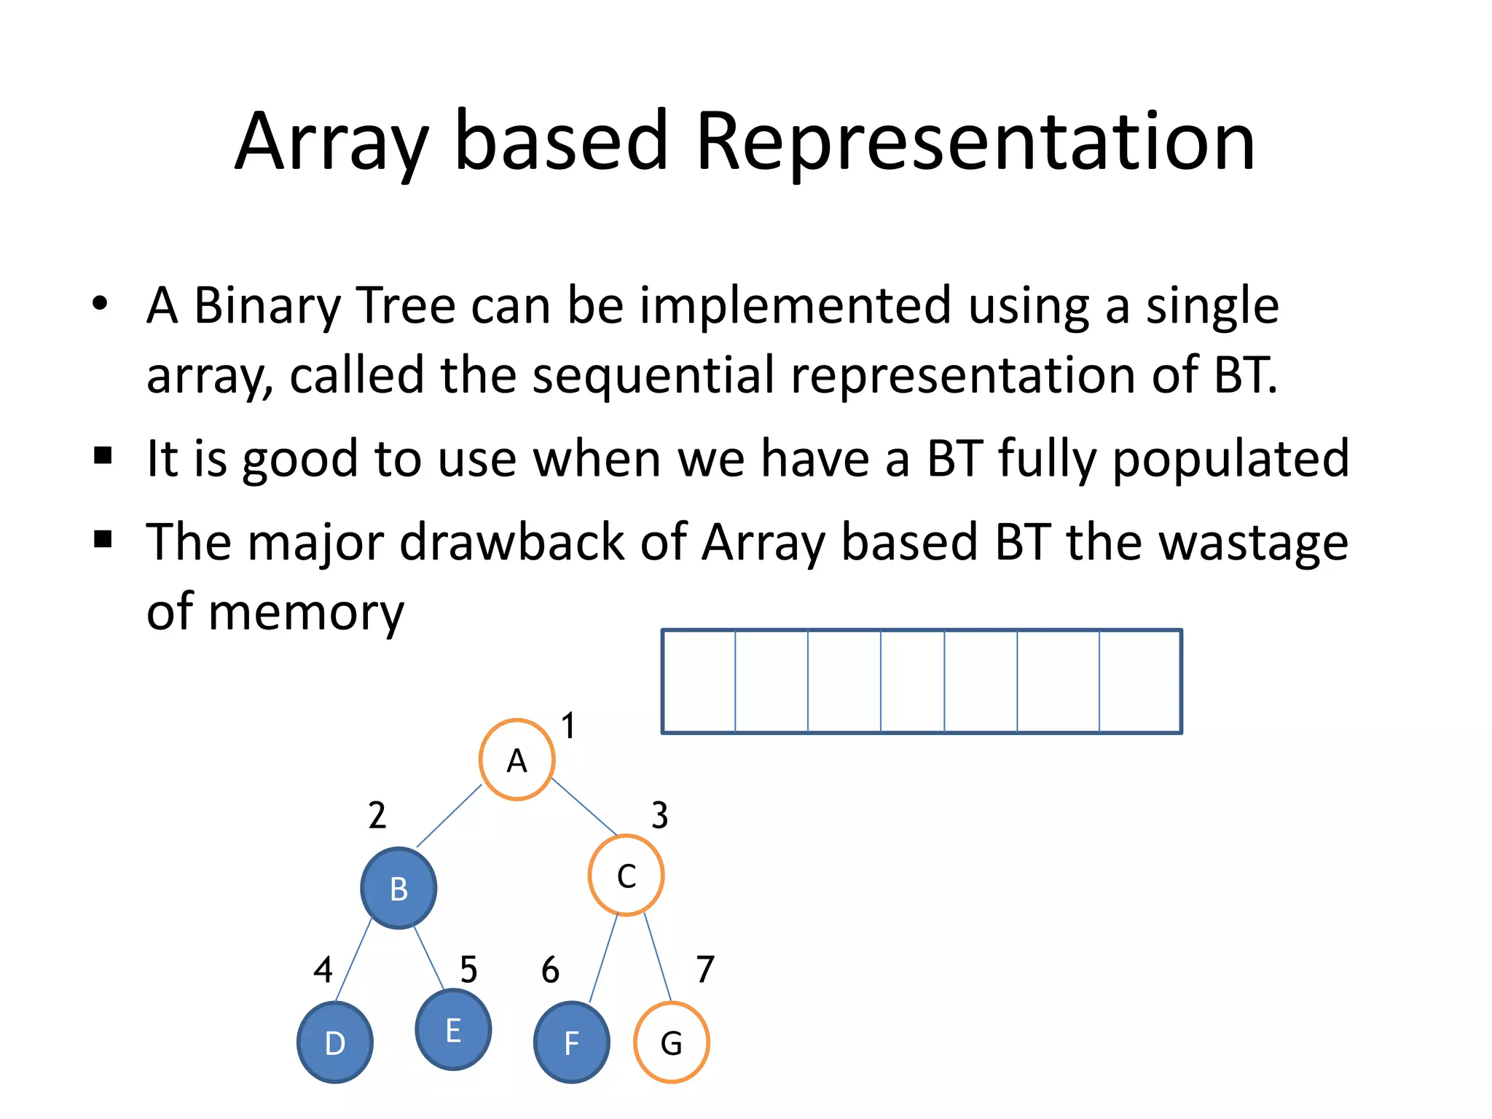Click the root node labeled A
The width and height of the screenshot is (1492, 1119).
tap(517, 760)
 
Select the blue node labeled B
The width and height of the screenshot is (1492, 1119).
tap(398, 888)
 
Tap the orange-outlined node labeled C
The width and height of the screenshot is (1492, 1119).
tap(626, 875)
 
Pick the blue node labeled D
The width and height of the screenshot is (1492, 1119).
tap(335, 1043)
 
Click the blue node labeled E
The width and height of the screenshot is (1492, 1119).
tap(453, 1029)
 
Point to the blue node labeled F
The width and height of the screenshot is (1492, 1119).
tap(572, 1043)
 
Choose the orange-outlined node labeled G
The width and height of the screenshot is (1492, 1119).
tap(672, 1043)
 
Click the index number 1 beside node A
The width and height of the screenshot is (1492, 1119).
tap(568, 726)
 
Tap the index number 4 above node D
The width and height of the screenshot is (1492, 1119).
tap(323, 970)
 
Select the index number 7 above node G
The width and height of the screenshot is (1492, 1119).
tap(705, 969)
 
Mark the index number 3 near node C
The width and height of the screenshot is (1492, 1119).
tap(659, 815)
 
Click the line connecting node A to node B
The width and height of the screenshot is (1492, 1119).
tap(449, 816)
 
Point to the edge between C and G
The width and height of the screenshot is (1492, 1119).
tap(657, 957)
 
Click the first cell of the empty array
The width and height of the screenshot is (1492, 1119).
tap(699, 681)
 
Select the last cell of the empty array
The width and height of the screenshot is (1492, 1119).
tap(1139, 681)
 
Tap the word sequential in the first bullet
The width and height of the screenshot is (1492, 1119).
tap(653, 375)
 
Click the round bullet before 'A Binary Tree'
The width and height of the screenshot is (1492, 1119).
tap(101, 303)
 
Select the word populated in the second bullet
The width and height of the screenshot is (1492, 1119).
tap(1230, 458)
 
